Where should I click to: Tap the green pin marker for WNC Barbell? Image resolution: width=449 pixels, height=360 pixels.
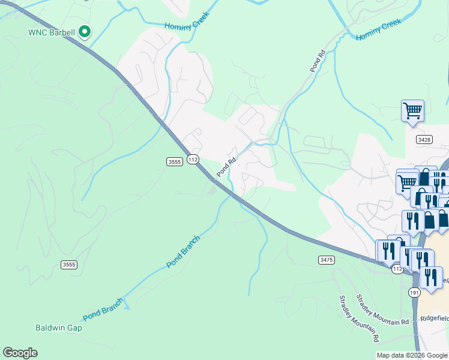pyautogui.click(x=85, y=31)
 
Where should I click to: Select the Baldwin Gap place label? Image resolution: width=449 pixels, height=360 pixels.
pyautogui.click(x=58, y=328)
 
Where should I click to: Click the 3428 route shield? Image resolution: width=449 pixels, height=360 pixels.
pyautogui.click(x=423, y=139)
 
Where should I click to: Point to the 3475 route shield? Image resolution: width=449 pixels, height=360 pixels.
pyautogui.click(x=326, y=259)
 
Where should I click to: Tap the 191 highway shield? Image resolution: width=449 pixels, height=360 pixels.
pyautogui.click(x=414, y=292)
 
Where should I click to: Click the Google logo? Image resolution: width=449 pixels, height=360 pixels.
pyautogui.click(x=20, y=353)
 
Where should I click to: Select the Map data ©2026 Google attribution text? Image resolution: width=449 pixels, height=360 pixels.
pyautogui.click(x=411, y=355)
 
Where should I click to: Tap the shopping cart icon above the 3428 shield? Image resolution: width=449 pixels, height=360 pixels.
pyautogui.click(x=412, y=111)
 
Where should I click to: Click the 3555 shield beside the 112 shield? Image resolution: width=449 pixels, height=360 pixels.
pyautogui.click(x=174, y=161)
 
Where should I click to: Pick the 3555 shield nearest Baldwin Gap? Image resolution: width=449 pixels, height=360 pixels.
pyautogui.click(x=69, y=265)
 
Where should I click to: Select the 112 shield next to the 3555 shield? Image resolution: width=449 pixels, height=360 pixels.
pyautogui.click(x=192, y=159)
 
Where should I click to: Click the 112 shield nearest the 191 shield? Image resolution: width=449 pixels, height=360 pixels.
pyautogui.click(x=397, y=269)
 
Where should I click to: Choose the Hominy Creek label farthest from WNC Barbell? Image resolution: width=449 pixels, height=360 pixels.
pyautogui.click(x=378, y=29)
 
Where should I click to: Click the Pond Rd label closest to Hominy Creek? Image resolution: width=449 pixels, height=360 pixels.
pyautogui.click(x=318, y=61)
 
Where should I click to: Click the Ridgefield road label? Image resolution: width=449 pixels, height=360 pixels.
pyautogui.click(x=435, y=318)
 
